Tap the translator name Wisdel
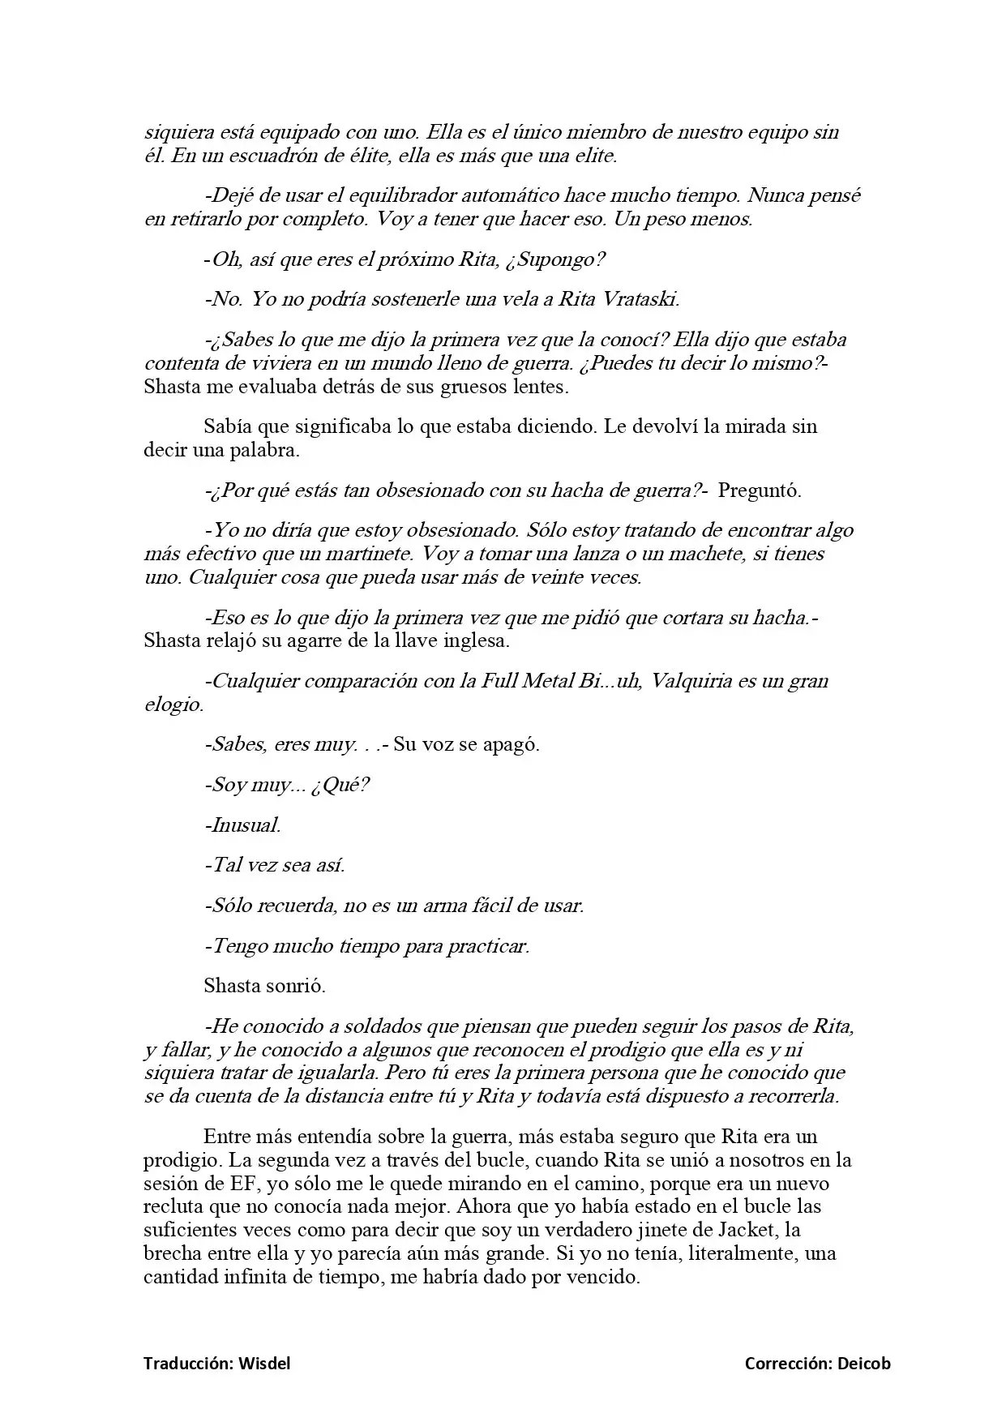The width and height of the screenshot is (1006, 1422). [264, 1364]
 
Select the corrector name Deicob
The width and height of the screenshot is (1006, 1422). [864, 1364]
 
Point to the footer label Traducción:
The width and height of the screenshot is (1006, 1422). [189, 1364]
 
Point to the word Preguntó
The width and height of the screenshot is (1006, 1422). [759, 490]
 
